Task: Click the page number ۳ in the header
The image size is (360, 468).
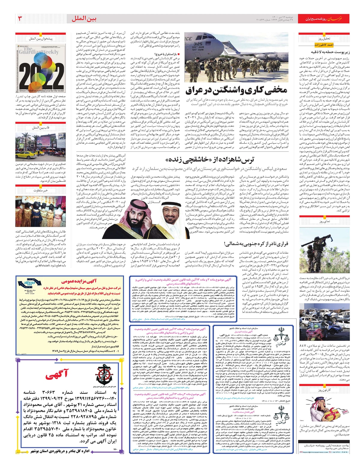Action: (20, 19)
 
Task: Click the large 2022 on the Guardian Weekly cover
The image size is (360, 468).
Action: (40, 72)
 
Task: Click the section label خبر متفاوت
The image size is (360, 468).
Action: (40, 190)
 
